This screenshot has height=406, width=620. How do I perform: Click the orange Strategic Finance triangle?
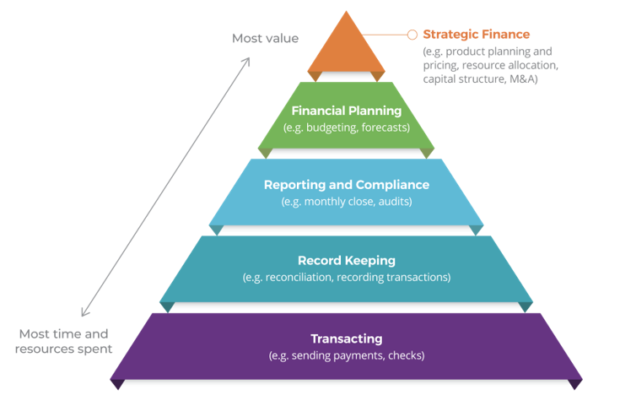tap(347, 47)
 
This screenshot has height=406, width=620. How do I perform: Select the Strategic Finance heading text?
tap(477, 35)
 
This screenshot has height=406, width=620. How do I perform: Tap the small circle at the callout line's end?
tap(412, 35)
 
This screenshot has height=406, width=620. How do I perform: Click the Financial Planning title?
tap(347, 111)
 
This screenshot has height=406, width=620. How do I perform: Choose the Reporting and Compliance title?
tap(347, 185)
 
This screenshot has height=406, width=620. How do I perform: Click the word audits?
tap(395, 202)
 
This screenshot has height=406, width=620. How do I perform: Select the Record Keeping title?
tap(347, 260)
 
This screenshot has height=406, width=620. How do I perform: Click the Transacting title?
tap(347, 338)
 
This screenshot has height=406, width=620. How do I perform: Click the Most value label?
tap(266, 38)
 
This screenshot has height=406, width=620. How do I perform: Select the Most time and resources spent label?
tap(63, 342)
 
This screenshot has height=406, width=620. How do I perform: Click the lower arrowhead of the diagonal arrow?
tap(84, 311)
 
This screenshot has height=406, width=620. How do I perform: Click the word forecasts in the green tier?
tap(385, 127)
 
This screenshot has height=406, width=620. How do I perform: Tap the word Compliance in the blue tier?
tap(392, 185)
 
